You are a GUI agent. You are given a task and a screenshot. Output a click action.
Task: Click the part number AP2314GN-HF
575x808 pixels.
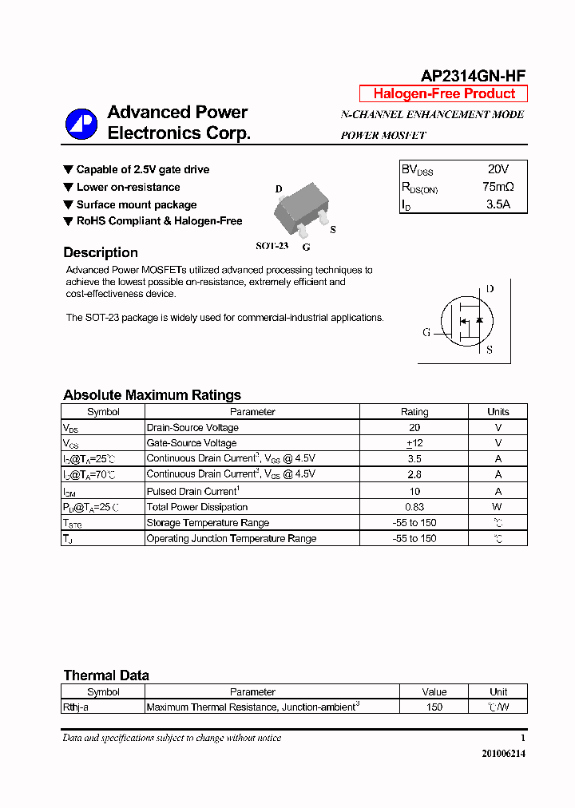click(473, 76)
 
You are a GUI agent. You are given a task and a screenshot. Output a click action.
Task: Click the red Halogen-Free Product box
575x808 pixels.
click(443, 93)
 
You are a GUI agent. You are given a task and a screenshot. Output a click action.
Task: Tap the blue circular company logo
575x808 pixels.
click(81, 124)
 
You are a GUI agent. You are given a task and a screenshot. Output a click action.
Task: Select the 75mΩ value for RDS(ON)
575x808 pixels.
click(498, 187)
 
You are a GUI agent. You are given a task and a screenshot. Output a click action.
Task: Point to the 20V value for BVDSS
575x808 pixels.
click(498, 169)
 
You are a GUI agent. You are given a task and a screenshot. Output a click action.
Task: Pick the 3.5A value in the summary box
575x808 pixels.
click(498, 204)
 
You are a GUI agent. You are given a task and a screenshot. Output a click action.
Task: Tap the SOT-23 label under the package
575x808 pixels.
click(272, 246)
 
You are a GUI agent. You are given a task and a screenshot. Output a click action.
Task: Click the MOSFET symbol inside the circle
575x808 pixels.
click(465, 319)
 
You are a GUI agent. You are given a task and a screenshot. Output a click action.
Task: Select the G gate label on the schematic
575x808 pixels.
click(426, 332)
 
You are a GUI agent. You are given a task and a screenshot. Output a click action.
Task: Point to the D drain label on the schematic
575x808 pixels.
click(490, 289)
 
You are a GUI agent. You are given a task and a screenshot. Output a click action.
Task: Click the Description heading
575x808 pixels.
click(101, 252)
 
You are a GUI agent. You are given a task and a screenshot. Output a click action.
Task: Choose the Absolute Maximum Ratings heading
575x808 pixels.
click(152, 395)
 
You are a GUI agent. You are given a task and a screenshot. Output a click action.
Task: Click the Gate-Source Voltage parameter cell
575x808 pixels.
click(192, 443)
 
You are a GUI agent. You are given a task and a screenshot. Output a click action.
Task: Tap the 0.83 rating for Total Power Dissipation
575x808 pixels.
click(414, 507)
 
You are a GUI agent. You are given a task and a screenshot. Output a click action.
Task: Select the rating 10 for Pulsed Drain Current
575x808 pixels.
click(414, 491)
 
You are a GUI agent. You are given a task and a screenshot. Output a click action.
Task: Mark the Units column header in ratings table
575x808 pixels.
click(498, 412)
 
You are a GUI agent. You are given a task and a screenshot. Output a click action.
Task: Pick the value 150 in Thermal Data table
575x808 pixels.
click(434, 707)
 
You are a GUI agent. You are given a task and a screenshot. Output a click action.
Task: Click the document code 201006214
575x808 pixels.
click(503, 753)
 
